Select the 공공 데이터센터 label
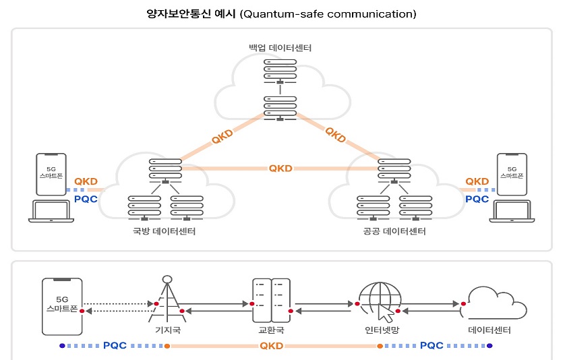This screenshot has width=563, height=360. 394,232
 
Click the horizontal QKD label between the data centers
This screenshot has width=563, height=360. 280,168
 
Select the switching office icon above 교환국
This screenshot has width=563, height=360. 270,301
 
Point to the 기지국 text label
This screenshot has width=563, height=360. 165,331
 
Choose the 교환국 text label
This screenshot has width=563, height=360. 270,331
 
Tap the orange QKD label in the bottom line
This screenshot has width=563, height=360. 272,346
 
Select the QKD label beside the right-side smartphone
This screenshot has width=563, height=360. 477,181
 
